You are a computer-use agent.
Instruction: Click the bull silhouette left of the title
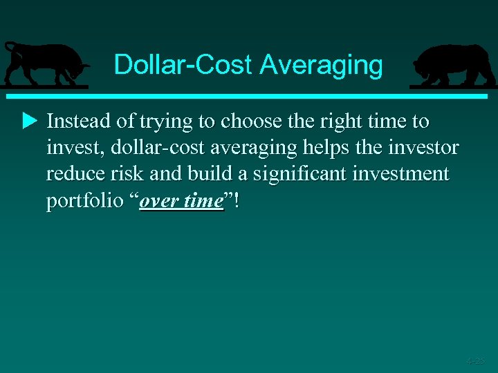coord(45,64)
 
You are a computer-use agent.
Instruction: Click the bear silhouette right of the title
coord(453,66)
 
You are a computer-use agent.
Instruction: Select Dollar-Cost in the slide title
coord(184,65)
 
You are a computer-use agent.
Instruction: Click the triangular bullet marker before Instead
coord(28,122)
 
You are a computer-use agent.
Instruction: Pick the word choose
coord(252,122)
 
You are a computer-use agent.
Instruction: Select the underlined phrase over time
coord(181,201)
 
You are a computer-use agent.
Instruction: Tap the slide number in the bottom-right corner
coord(475,360)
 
